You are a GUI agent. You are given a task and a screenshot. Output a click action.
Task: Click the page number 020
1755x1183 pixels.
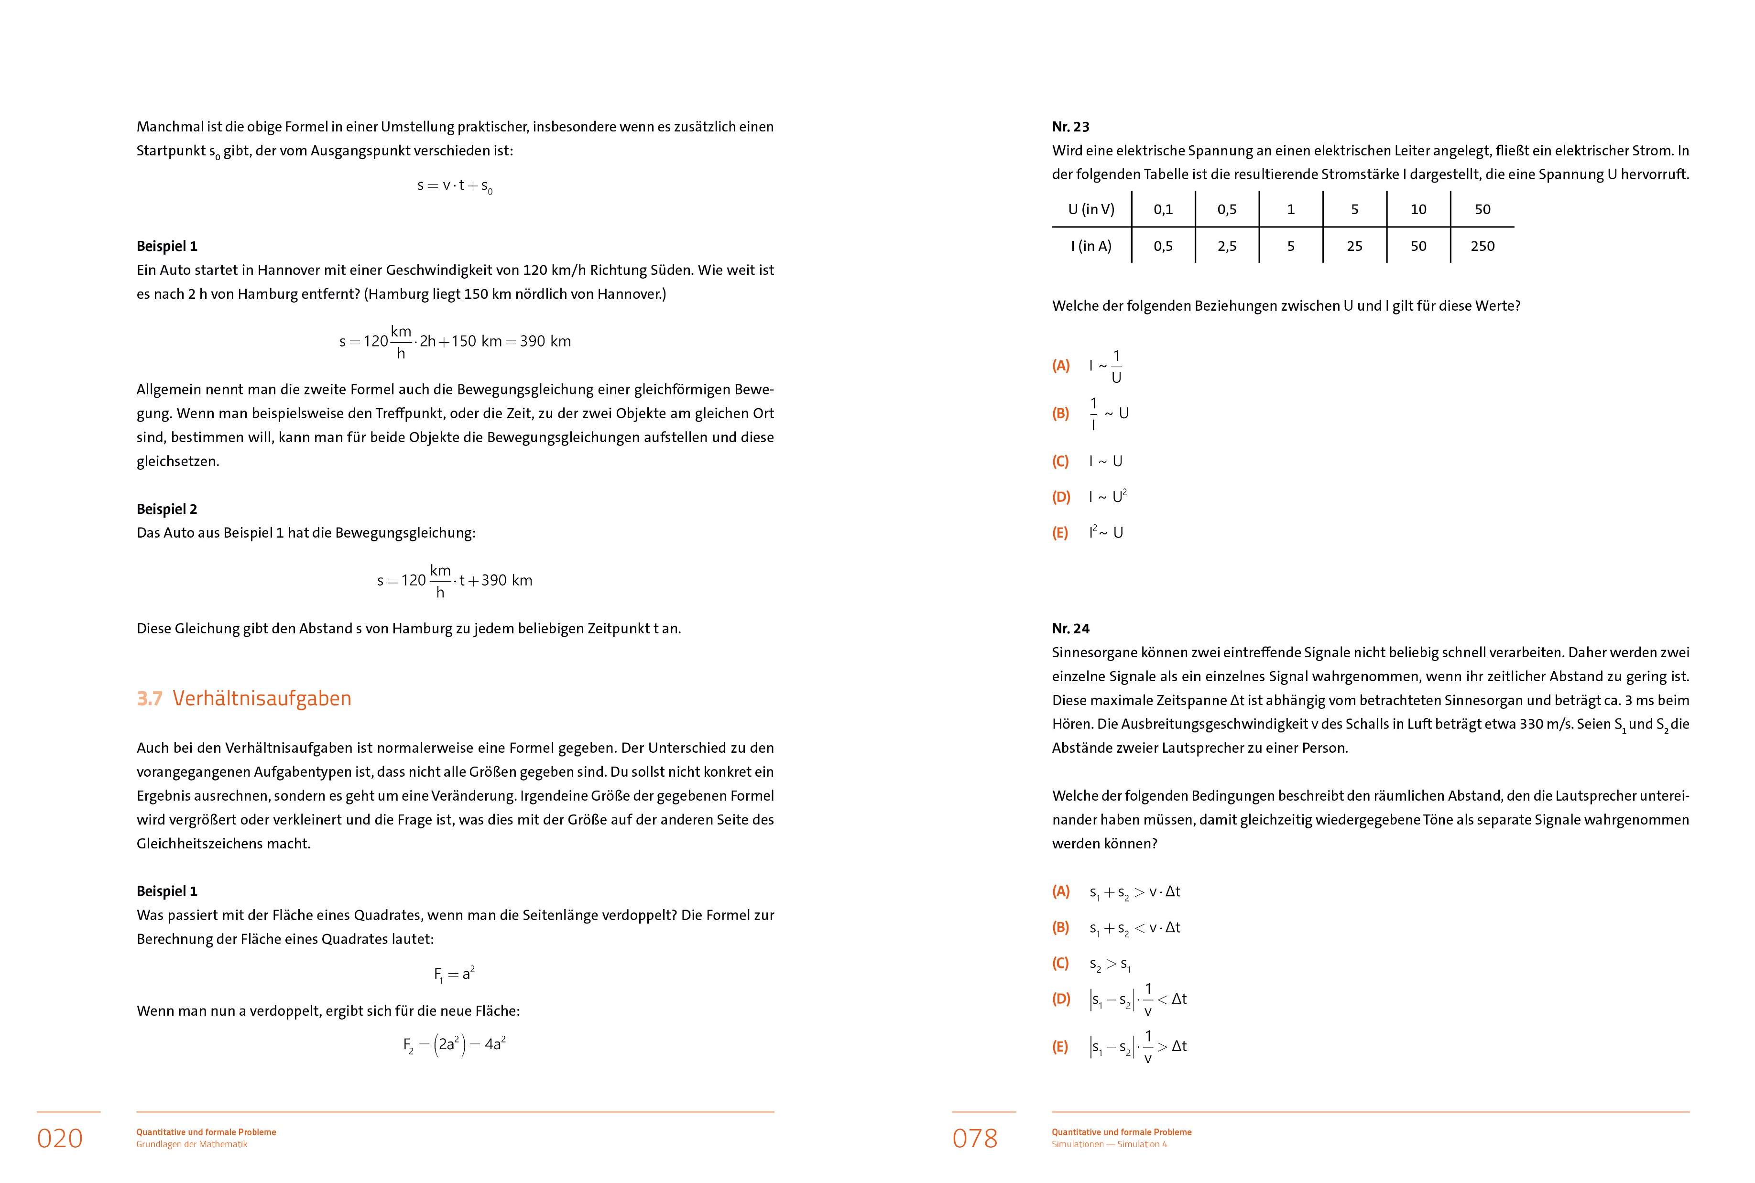pyautogui.click(x=60, y=1138)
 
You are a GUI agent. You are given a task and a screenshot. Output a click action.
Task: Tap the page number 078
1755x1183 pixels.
pyautogui.click(x=975, y=1138)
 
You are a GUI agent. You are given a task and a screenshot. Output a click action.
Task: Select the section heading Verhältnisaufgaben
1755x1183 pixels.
pyautogui.click(x=262, y=698)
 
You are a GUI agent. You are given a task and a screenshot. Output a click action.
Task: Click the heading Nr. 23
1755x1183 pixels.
pyautogui.click(x=1071, y=127)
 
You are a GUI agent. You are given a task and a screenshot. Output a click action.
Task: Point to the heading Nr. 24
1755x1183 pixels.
pyautogui.click(x=1071, y=629)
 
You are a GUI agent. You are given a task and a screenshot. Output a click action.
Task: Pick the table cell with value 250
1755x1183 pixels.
pyautogui.click(x=1482, y=246)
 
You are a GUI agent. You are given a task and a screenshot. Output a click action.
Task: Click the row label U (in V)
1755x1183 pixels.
pyautogui.click(x=1091, y=209)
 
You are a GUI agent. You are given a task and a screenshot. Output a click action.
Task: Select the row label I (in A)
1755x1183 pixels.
pyautogui.click(x=1091, y=246)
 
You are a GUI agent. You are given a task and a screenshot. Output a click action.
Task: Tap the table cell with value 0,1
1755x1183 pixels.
pyautogui.click(x=1163, y=209)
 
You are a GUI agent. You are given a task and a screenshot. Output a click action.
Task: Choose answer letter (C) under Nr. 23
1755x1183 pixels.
pyautogui.click(x=1060, y=461)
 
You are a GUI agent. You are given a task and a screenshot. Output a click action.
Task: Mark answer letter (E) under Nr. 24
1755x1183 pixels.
pyautogui.click(x=1060, y=1046)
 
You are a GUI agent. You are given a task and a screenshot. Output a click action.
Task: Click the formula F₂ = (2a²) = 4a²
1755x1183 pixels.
pyautogui.click(x=454, y=1045)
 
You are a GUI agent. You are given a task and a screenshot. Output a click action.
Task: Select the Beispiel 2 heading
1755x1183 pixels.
pyautogui.click(x=167, y=509)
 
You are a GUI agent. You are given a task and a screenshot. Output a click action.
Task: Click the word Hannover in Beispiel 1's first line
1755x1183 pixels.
pyautogui.click(x=287, y=270)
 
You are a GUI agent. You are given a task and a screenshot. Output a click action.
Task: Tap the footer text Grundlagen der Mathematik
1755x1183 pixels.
pyautogui.click(x=192, y=1144)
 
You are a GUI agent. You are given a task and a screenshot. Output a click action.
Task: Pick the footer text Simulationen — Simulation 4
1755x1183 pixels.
pyautogui.click(x=1109, y=1144)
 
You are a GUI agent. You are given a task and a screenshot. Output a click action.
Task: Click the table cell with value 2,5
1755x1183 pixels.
pyautogui.click(x=1227, y=246)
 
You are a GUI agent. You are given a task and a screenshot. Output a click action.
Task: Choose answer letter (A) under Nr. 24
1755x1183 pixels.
pyautogui.click(x=1060, y=892)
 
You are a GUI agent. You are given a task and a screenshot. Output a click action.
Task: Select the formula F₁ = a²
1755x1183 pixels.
pyautogui.click(x=454, y=974)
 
